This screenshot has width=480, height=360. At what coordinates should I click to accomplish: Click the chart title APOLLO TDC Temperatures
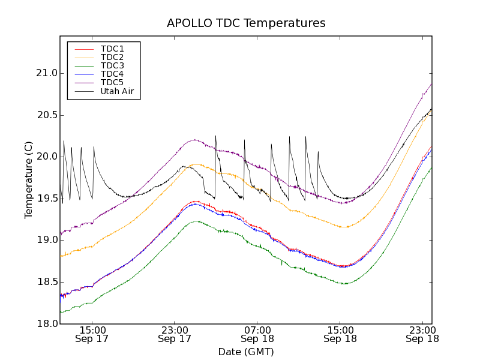[x=246, y=23]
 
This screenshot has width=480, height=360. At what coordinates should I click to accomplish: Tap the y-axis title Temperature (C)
[x=29, y=179]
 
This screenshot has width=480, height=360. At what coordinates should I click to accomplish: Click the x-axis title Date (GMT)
[x=246, y=352]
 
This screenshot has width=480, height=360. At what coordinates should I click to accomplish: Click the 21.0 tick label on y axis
[x=47, y=73]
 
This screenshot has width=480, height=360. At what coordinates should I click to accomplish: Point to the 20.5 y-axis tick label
[x=47, y=115]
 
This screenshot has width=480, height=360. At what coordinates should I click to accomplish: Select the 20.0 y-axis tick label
[x=47, y=157]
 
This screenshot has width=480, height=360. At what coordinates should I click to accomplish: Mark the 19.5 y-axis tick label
[x=47, y=199]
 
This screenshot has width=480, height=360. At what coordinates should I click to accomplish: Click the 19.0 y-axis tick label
[x=47, y=240]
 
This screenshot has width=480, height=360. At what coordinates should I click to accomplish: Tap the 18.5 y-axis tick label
[x=47, y=282]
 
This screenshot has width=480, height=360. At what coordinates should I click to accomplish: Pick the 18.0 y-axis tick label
[x=47, y=323]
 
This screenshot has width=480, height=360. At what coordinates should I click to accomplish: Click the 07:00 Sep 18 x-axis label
[x=257, y=334]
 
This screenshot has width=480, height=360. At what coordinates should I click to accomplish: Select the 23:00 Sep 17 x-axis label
[x=175, y=334]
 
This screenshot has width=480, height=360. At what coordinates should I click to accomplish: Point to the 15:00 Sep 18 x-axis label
[x=340, y=334]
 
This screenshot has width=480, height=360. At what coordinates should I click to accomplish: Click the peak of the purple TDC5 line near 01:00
[x=194, y=140]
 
